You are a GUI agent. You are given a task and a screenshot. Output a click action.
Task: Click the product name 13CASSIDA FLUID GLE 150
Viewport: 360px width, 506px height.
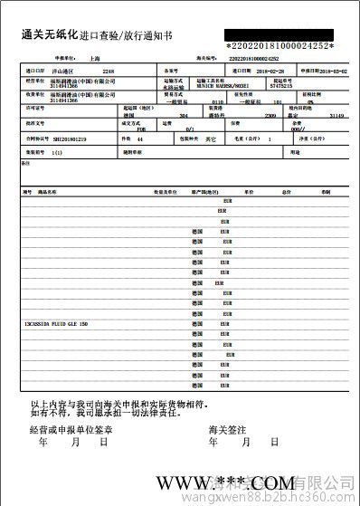(57, 323)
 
